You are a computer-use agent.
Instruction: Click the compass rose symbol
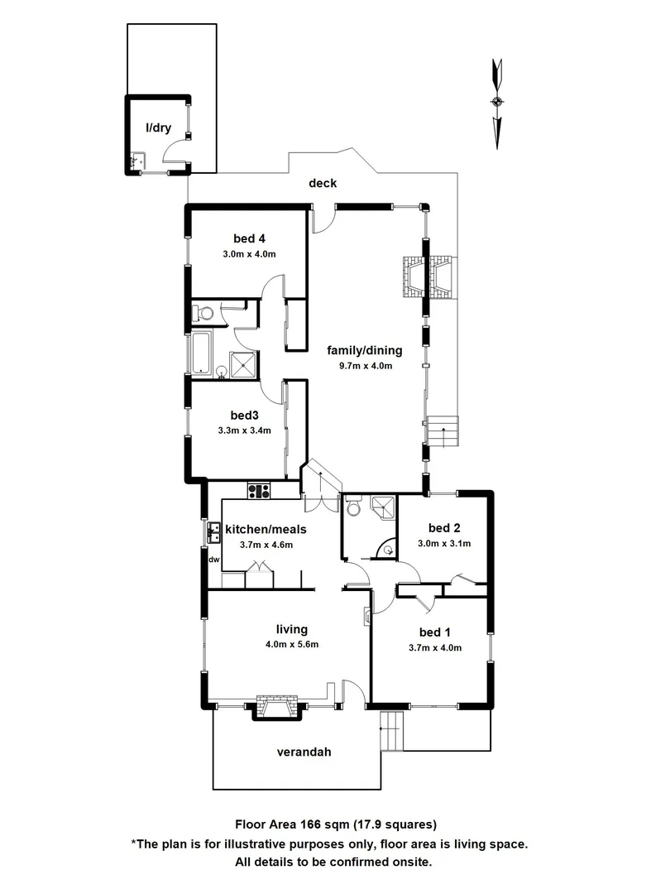[x=497, y=102]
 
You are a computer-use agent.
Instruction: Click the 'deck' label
[x=323, y=183]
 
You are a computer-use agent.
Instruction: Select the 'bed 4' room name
[x=248, y=238]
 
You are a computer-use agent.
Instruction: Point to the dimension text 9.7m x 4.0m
[x=365, y=365]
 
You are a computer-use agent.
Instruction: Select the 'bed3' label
[x=246, y=415]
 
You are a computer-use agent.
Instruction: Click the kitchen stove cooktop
[x=259, y=490]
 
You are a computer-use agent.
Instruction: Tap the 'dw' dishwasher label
[x=213, y=560]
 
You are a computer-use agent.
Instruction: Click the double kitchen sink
[x=213, y=532]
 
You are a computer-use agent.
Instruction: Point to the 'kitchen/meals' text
[x=266, y=530]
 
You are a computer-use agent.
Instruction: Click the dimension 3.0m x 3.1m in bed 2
[x=444, y=544]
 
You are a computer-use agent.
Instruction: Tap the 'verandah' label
[x=303, y=752]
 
